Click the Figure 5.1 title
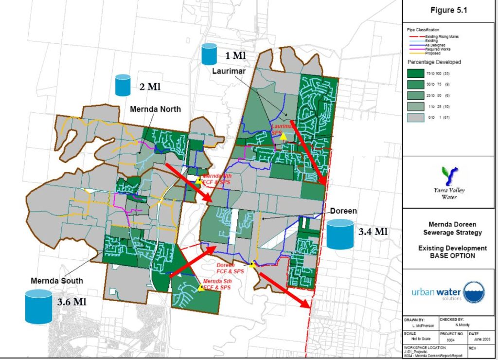click(x=449, y=11)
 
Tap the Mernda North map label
click(x=155, y=109)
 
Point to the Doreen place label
click(x=344, y=212)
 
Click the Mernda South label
click(x=56, y=281)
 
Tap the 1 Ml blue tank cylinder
click(x=210, y=54)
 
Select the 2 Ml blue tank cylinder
click(x=123, y=85)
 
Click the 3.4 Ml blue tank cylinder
click(x=339, y=234)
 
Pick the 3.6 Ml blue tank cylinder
click(x=38, y=306)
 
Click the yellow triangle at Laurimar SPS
click(x=283, y=137)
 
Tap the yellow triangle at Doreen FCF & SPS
click(x=252, y=265)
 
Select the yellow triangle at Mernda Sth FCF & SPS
click(x=200, y=288)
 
